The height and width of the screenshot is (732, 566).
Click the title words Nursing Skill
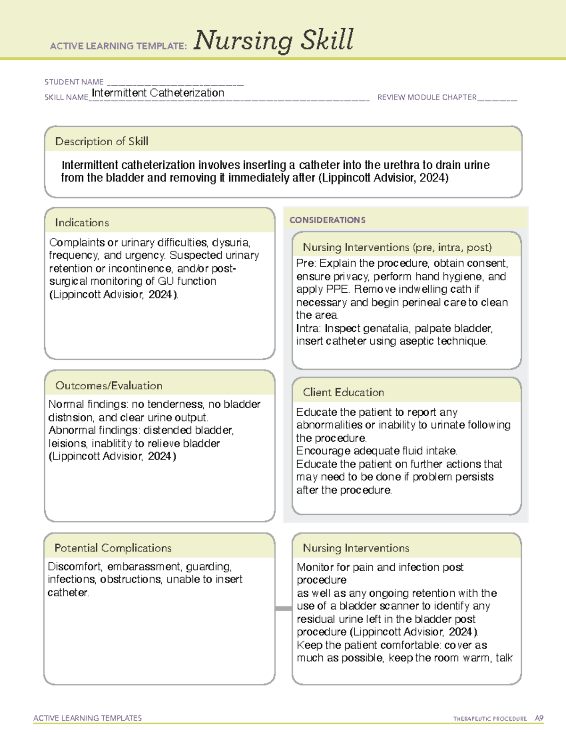[273, 41]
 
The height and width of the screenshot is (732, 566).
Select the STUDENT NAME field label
[74, 82]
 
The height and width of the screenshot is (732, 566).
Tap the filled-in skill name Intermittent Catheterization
[158, 93]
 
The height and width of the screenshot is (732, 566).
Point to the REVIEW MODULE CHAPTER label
[427, 97]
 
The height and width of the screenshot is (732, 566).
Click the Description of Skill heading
[101, 141]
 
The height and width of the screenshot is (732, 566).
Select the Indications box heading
[82, 222]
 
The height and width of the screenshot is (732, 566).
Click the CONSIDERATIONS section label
[327, 220]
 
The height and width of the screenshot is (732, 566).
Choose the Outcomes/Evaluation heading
[108, 386]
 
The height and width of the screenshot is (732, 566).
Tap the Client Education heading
[343, 392]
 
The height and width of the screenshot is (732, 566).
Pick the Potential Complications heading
[113, 548]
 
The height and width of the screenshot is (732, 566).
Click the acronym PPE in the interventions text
[338, 289]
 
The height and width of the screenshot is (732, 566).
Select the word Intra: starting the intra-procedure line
[308, 329]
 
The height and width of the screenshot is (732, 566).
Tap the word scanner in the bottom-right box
[399, 606]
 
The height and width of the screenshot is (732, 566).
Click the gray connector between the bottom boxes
[283, 609]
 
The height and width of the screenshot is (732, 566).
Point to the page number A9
[539, 718]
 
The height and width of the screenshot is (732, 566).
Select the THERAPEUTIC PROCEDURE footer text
[490, 719]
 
